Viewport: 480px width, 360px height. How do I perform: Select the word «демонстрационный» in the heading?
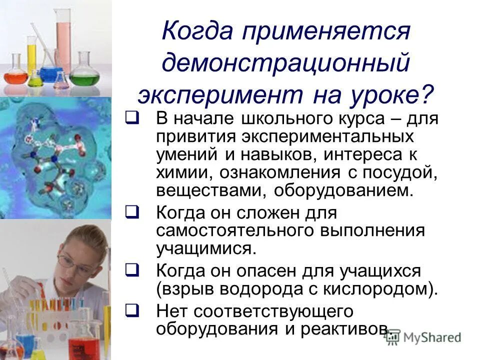pos(285,63)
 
